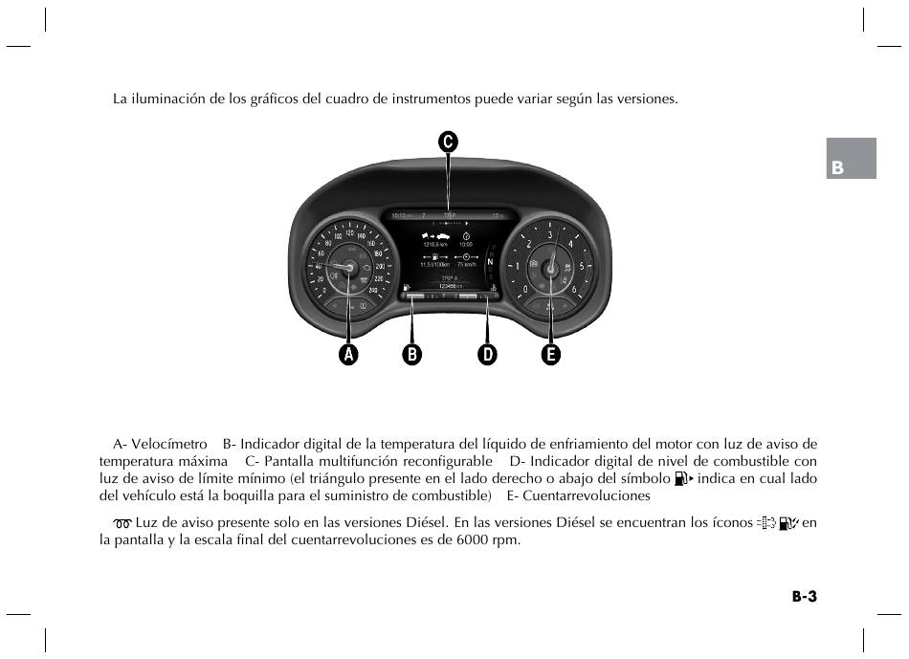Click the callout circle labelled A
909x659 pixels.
click(348, 355)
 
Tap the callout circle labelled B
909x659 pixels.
click(412, 355)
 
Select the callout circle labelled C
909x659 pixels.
click(448, 142)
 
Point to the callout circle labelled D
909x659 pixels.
click(487, 355)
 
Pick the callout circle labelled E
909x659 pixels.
click(550, 355)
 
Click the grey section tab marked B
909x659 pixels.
click(852, 159)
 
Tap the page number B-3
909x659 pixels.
click(804, 597)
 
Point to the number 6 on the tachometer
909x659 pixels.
click(573, 289)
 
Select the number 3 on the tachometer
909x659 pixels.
click(549, 235)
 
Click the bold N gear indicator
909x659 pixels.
click(489, 261)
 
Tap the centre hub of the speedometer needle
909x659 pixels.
click(348, 268)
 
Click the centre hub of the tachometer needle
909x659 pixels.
click(550, 270)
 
